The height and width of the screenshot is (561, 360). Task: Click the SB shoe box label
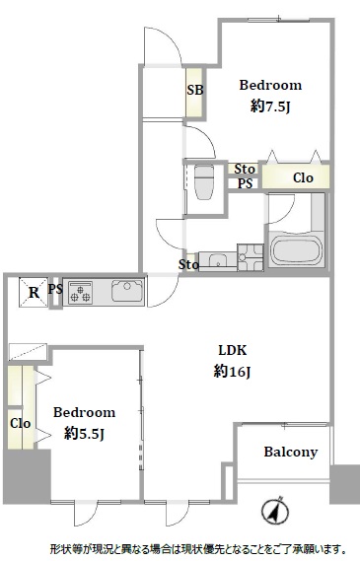(x=195, y=90)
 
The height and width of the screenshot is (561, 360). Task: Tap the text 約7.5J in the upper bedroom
(x=270, y=105)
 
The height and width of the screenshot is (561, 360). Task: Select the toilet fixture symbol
(x=203, y=181)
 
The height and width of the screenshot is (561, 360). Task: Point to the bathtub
(x=296, y=249)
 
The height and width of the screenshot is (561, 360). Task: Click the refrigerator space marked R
(x=34, y=292)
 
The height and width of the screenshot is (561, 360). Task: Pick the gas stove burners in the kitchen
(x=81, y=293)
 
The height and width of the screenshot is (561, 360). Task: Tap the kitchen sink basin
(x=127, y=291)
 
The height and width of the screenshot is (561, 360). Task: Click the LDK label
(x=233, y=350)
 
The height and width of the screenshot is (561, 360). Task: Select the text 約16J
(x=232, y=371)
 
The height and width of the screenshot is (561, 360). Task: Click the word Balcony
(x=291, y=453)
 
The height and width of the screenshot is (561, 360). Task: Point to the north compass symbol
(x=275, y=511)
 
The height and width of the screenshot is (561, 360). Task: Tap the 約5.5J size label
(x=84, y=434)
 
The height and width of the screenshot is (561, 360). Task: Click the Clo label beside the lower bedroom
(x=20, y=424)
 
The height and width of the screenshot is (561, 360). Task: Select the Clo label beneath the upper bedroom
(x=303, y=177)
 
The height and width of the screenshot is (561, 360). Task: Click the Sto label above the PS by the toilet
(x=245, y=169)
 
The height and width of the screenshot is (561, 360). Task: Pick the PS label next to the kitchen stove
(x=55, y=289)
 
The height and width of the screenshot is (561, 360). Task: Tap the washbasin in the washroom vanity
(x=217, y=260)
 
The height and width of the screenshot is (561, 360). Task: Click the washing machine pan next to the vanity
(x=251, y=257)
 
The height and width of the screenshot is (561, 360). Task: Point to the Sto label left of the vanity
(x=188, y=265)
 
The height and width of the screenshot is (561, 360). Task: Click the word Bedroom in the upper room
(x=270, y=85)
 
